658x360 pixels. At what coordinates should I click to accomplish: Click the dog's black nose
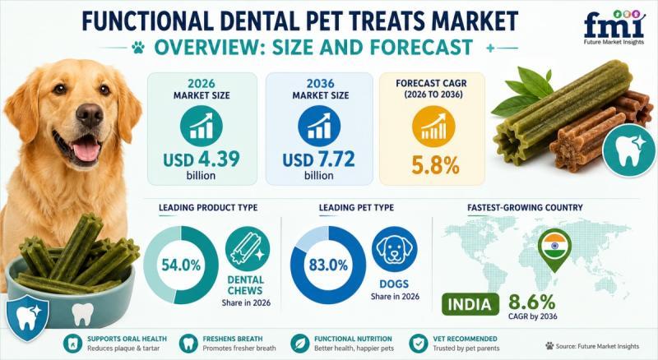click(x=89, y=114)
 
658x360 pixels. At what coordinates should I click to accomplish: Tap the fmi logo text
click(x=614, y=26)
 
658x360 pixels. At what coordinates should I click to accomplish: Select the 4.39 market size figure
click(x=218, y=159)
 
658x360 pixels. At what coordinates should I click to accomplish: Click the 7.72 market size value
click(x=336, y=159)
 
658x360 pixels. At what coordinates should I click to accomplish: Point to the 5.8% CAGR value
click(x=435, y=165)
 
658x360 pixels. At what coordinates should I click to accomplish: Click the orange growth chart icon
click(x=433, y=127)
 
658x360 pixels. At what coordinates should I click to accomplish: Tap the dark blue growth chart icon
click(x=319, y=127)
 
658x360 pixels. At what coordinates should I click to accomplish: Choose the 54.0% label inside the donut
click(x=181, y=265)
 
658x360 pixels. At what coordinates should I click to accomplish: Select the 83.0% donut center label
click(x=328, y=265)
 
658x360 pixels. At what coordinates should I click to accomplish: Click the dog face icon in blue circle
click(x=395, y=249)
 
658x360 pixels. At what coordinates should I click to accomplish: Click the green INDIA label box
click(x=470, y=305)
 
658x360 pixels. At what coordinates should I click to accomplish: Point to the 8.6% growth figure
click(x=532, y=302)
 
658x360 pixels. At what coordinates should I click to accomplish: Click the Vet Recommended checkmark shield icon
click(x=418, y=344)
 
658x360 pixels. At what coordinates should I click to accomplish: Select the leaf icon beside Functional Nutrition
click(x=299, y=344)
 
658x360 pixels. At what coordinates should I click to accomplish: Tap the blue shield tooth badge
click(x=27, y=316)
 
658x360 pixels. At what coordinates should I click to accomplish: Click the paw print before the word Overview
click(x=137, y=48)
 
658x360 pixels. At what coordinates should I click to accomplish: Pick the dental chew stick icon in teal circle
click(x=248, y=249)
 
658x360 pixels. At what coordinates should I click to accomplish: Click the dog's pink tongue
click(x=86, y=150)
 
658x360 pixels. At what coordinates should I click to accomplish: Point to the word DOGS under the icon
click(x=394, y=284)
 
